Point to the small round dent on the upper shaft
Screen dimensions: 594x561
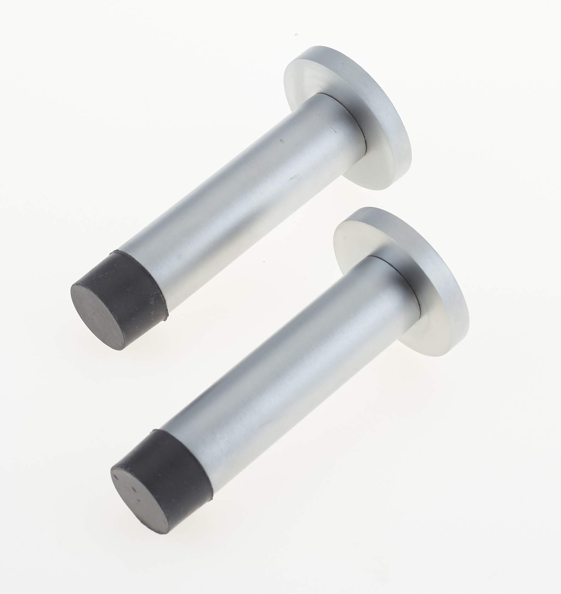pos(281,142)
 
